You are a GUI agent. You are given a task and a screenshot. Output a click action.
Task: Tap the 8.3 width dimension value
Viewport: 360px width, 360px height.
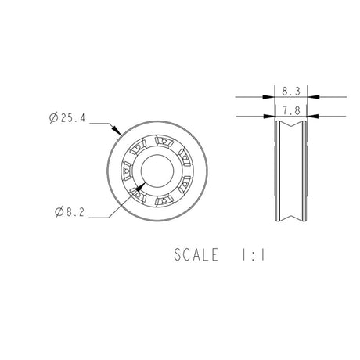coord(289,92)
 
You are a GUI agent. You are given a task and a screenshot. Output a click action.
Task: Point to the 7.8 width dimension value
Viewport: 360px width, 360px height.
coord(289,111)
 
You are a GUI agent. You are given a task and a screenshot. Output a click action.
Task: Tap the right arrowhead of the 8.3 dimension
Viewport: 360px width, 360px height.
coord(308,98)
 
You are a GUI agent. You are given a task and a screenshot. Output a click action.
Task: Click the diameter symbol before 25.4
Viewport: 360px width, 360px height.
coord(52,119)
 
